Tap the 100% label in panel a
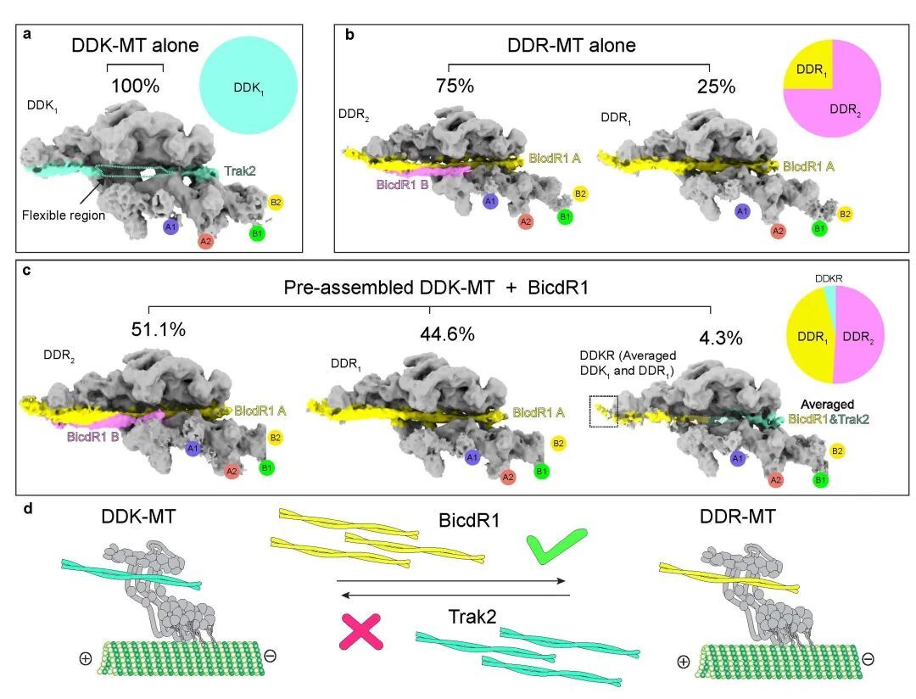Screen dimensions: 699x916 pyautogui.click(x=135, y=85)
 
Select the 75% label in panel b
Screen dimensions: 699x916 pyautogui.click(x=455, y=87)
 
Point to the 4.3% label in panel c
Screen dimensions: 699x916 pyautogui.click(x=720, y=338)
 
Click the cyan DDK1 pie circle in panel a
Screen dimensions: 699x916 pyautogui.click(x=248, y=87)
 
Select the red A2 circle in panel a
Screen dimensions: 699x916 pyautogui.click(x=205, y=242)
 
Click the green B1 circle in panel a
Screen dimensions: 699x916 pyautogui.click(x=256, y=232)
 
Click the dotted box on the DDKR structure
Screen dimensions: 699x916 pyautogui.click(x=604, y=411)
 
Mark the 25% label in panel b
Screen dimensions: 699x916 pyautogui.click(x=717, y=87)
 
